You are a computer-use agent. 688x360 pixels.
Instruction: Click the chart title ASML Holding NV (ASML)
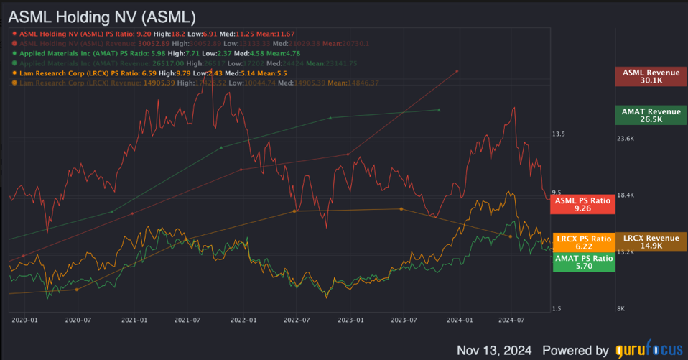102,15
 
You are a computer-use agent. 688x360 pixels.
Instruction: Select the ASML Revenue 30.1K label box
651,76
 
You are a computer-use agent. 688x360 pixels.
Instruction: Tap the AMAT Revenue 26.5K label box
651,115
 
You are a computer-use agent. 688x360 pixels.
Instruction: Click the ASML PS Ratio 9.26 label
582,204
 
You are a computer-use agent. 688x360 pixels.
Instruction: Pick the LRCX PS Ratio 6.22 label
582,242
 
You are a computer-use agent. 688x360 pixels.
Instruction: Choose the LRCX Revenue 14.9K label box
651,242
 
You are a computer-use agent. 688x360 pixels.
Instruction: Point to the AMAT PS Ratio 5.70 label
582,262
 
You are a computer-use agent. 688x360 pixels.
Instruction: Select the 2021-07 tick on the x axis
187,319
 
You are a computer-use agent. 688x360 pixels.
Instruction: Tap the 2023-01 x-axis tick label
350,319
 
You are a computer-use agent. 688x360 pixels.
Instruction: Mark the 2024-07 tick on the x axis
511,319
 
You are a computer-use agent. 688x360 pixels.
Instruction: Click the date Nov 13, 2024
494,350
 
